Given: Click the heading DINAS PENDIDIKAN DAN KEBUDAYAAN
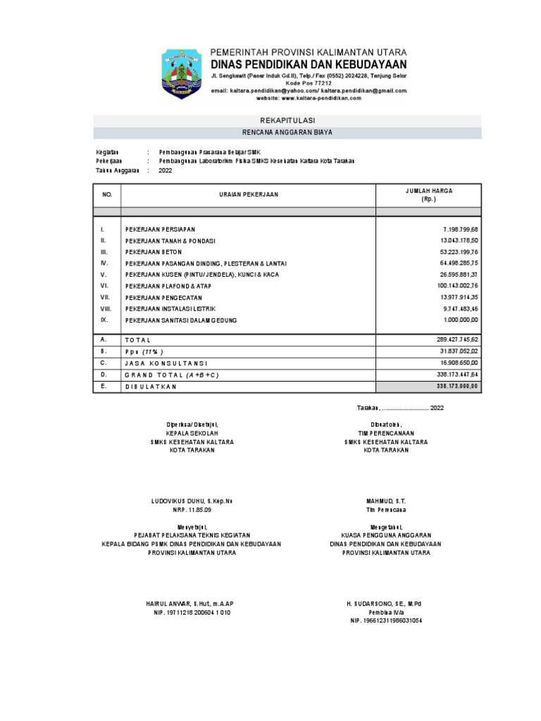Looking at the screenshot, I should pyautogui.click(x=309, y=64).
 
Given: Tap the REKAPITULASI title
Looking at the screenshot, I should pyautogui.click(x=287, y=121).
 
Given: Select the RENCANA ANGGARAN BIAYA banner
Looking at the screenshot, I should pyautogui.click(x=287, y=132).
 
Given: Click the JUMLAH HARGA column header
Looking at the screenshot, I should pyautogui.click(x=429, y=194).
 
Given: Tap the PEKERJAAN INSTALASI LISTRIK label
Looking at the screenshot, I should pyautogui.click(x=170, y=309).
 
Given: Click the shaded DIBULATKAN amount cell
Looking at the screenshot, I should pyautogui.click(x=429, y=387).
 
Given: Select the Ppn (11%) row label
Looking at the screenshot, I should pyautogui.click(x=144, y=351).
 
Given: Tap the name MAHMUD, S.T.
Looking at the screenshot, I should pyautogui.click(x=385, y=501).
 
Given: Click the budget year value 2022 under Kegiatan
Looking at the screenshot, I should pyautogui.click(x=166, y=170).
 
